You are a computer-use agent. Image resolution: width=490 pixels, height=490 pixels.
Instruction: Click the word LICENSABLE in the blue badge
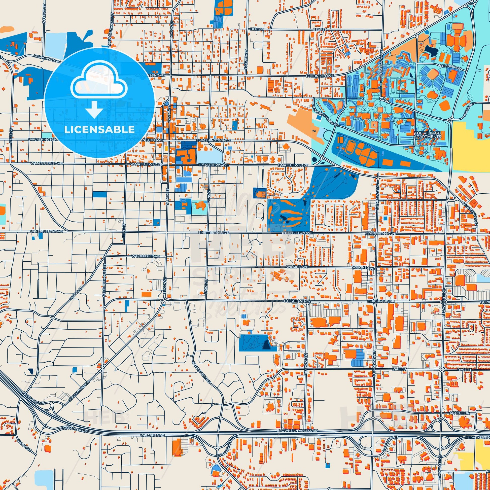pos(99,130)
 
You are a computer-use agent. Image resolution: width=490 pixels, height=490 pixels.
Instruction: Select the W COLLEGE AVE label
pos(145,256)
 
